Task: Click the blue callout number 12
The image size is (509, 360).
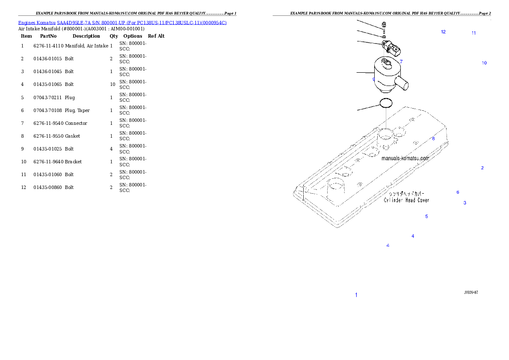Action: tap(443, 32)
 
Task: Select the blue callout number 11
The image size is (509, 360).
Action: tap(473, 33)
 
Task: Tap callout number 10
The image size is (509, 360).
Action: tap(484, 63)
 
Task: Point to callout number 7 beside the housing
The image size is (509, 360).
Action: tap(401, 62)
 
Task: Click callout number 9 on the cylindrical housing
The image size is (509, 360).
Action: tap(373, 80)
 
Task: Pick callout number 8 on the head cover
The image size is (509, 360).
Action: tap(433, 139)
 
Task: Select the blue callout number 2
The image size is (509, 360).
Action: tap(482, 168)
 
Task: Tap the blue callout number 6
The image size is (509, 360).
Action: tap(458, 192)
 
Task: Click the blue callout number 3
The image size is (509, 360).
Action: tap(465, 203)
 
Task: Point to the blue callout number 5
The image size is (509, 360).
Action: tap(426, 216)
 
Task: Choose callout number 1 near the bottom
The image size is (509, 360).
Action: tap(356, 295)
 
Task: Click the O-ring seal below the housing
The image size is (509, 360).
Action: tap(386, 103)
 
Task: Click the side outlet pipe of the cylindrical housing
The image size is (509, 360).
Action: tap(402, 84)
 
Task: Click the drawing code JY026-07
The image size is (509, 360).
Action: tap(471, 292)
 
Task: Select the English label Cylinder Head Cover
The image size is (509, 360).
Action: tap(406, 200)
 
